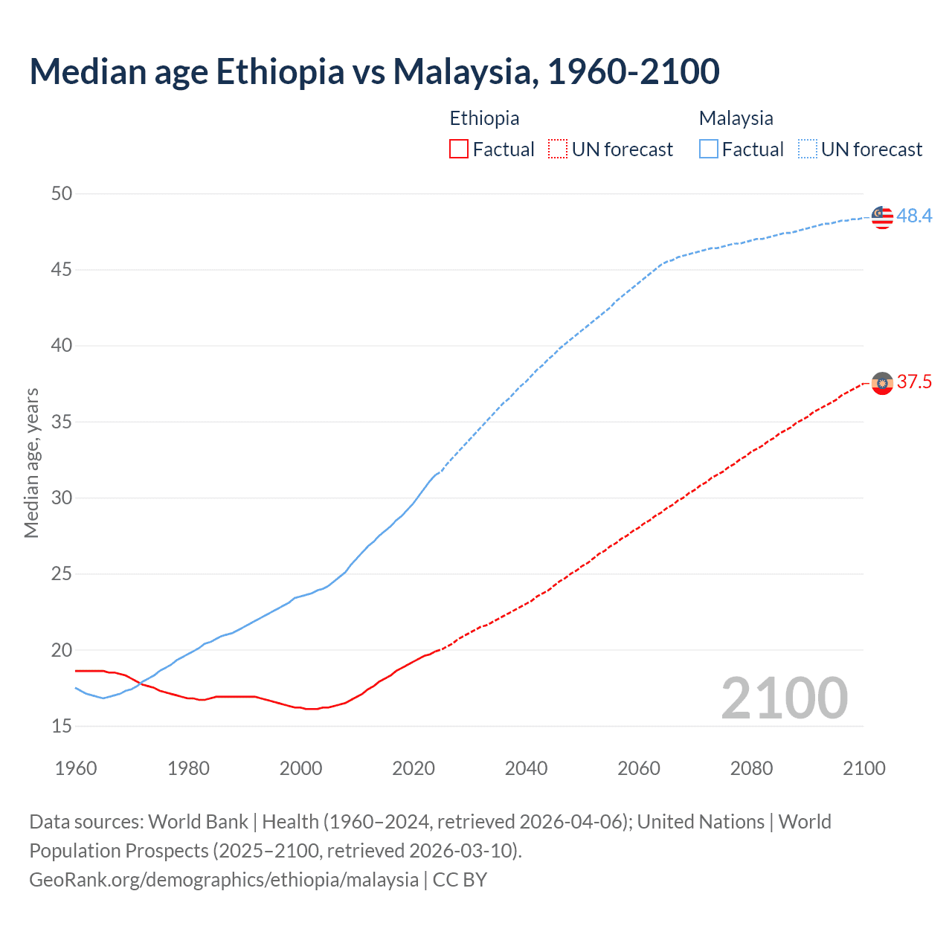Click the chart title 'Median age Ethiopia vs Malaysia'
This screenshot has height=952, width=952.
pos(374,71)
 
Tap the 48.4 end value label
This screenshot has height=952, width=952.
pos(914,216)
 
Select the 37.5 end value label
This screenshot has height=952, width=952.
pos(914,382)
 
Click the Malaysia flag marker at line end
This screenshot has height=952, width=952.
pos(882,217)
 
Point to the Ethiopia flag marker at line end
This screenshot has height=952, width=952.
pos(882,383)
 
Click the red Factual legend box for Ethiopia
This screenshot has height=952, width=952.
pos(459,149)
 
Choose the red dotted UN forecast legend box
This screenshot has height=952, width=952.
pos(558,149)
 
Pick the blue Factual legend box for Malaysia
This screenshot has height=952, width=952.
pos(709,149)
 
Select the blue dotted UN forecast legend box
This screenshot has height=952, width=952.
pos(808,149)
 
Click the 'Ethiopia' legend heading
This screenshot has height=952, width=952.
pos(484,118)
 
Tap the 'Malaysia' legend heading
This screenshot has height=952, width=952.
pos(736,118)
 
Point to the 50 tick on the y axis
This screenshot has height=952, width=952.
pos(62,194)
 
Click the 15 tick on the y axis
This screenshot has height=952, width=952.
pos(62,726)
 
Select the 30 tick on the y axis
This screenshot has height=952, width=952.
pos(62,498)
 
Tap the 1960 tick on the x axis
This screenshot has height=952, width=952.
pos(76,768)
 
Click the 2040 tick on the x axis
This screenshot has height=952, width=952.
pos(526,768)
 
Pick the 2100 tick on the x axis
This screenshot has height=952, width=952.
pos(863,768)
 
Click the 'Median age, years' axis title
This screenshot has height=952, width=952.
pos(31,463)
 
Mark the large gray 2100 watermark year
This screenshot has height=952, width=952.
pos(784,698)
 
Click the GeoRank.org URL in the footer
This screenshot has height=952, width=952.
pos(224,880)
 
